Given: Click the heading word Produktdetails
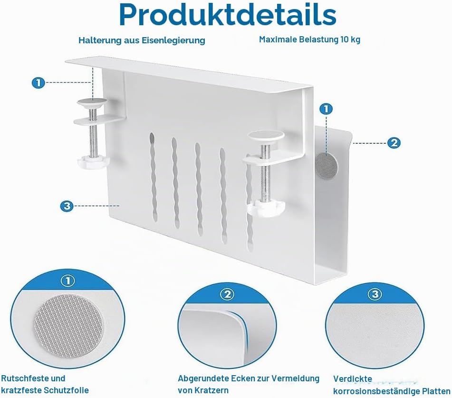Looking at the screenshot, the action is (228, 15).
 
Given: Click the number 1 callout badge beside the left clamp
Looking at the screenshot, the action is (38, 83).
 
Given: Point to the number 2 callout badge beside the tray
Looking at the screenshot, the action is (394, 143).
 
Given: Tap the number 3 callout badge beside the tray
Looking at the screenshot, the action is (67, 206).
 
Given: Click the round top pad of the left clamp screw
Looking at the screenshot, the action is (92, 102).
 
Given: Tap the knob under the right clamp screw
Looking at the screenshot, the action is (266, 209).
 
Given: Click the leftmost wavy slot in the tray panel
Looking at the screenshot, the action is (153, 177).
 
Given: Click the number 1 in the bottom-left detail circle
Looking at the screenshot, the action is (68, 281).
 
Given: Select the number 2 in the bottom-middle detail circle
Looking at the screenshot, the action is (228, 294).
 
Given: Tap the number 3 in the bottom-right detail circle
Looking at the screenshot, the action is (375, 294).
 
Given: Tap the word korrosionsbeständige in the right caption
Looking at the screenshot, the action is (376, 392).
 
